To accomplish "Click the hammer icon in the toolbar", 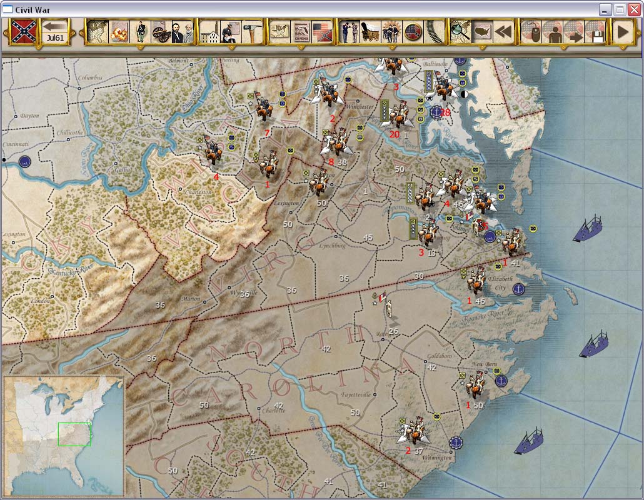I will pyautogui.click(x=251, y=31).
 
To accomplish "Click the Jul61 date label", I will pyautogui.click(x=55, y=38).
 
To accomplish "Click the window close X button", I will pyautogui.click(x=634, y=9).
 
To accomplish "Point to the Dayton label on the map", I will pyautogui.click(x=29, y=116).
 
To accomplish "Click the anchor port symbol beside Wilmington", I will pyautogui.click(x=456, y=442).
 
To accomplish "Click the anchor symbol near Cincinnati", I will pyautogui.click(x=24, y=162).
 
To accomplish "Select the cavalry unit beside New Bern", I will pyautogui.click(x=476, y=384).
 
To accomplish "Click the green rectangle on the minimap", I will pyautogui.click(x=74, y=434).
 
